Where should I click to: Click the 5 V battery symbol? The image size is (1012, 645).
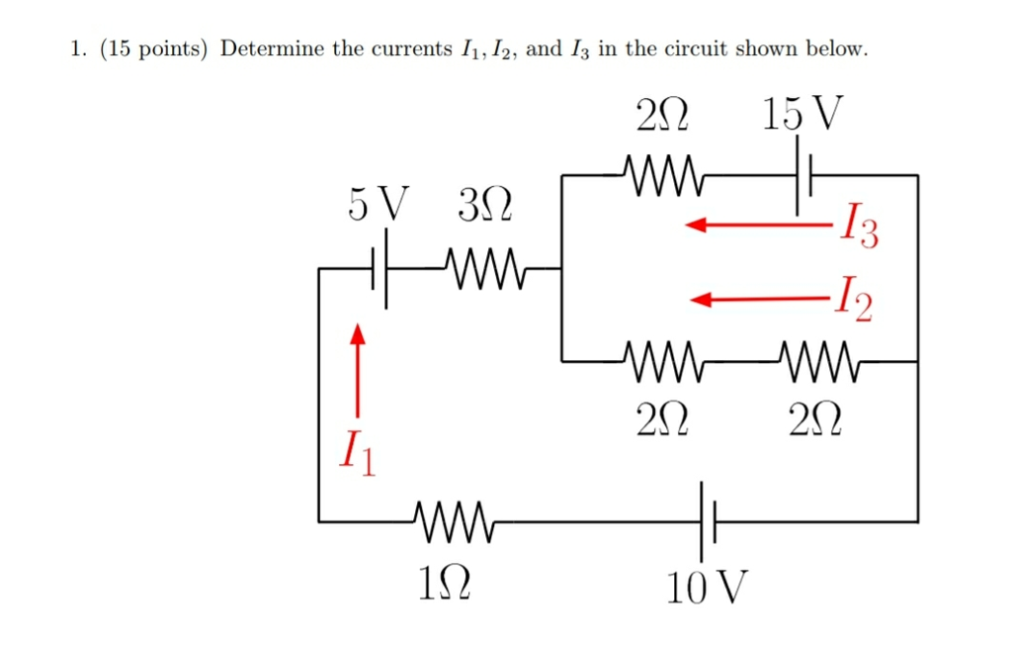379,268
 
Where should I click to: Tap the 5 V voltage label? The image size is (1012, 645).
378,206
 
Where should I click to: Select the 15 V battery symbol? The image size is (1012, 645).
803,176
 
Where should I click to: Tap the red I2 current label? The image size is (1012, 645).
852,298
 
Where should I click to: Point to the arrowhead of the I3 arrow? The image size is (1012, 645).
697,227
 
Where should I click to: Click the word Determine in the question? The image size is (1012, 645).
272,48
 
